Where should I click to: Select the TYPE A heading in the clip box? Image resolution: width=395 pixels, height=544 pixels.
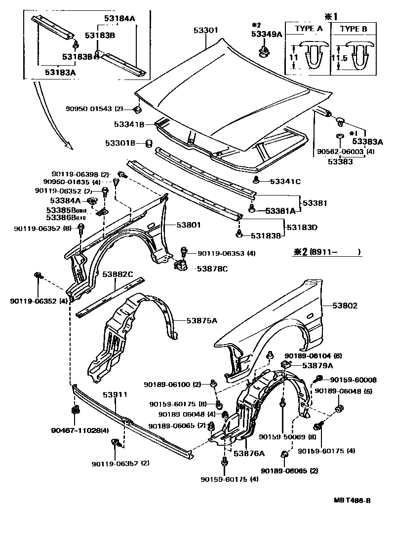pos(309,29)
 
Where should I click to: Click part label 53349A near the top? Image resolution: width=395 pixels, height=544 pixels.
pos(267,34)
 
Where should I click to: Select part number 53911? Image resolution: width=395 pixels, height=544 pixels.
pos(115,395)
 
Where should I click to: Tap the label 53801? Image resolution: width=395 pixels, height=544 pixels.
pos(189,225)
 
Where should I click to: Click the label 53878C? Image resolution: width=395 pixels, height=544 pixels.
pos(212,269)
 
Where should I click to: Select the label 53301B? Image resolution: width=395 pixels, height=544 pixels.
pos(119,143)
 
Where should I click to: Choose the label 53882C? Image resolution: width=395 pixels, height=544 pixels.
pos(118,274)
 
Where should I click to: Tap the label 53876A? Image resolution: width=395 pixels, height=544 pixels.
pos(249,453)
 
